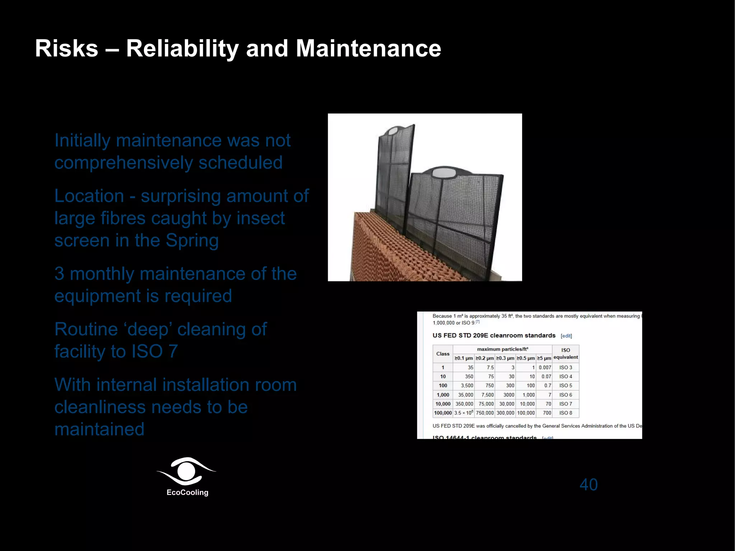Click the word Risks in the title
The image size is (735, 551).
coord(66,48)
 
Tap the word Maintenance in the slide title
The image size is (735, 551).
coord(368,48)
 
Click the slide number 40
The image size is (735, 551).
coord(589,485)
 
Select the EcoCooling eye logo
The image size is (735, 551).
coord(187,471)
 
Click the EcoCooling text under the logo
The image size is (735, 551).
coord(187,492)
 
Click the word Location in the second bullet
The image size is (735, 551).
coord(89,196)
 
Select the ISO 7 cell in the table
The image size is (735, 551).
coord(566,404)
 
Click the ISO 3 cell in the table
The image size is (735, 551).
coord(566,368)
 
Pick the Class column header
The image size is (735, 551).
coord(443,354)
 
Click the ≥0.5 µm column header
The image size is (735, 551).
coord(526,358)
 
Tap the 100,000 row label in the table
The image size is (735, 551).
coord(443,413)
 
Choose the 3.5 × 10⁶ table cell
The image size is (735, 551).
coord(464,413)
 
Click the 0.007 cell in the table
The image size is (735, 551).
coord(545,368)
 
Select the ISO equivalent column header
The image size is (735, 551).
coord(566,354)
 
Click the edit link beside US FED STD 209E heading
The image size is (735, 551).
coord(566,336)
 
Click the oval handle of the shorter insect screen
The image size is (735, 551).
coord(444,173)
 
